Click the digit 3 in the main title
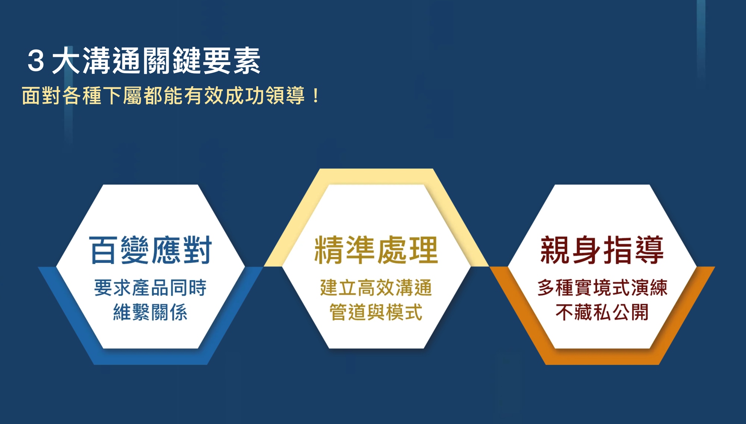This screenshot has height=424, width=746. pyautogui.click(x=36, y=61)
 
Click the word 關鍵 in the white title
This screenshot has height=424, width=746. pyautogui.click(x=171, y=61)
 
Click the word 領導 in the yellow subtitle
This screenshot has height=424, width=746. pyautogui.click(x=286, y=96)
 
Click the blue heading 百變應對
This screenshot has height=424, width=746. pyautogui.click(x=150, y=250)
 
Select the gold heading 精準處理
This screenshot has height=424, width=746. pyautogui.click(x=376, y=250)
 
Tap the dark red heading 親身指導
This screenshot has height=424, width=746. pyautogui.click(x=602, y=250)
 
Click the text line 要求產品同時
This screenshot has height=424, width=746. pyautogui.click(x=150, y=288)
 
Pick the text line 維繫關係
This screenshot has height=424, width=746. pyautogui.click(x=150, y=312)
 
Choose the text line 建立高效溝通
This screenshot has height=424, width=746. pyautogui.click(x=376, y=288)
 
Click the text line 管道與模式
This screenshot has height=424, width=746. pyautogui.click(x=376, y=312)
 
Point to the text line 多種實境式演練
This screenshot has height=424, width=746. pyautogui.click(x=602, y=288)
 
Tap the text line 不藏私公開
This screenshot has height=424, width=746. pyautogui.click(x=602, y=312)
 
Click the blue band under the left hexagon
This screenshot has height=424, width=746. pyautogui.click(x=150, y=357)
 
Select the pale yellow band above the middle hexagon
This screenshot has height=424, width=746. pyautogui.click(x=376, y=176)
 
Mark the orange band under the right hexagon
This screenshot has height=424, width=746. pyautogui.click(x=602, y=357)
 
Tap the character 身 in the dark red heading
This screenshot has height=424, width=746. pyautogui.click(x=586, y=250)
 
